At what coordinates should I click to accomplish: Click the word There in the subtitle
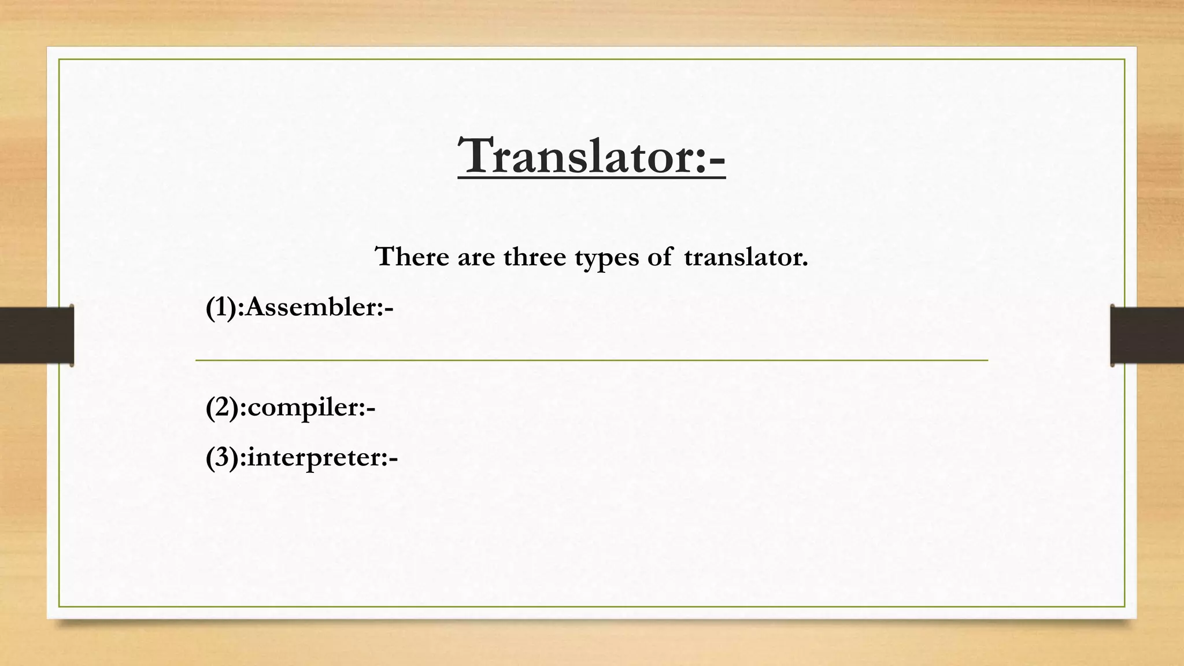click(x=412, y=256)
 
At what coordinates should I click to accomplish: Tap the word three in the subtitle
click(x=534, y=256)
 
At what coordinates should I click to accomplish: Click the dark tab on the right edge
click(x=1147, y=335)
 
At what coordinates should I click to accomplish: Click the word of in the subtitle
click(x=660, y=256)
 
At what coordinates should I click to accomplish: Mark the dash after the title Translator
click(x=716, y=158)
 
